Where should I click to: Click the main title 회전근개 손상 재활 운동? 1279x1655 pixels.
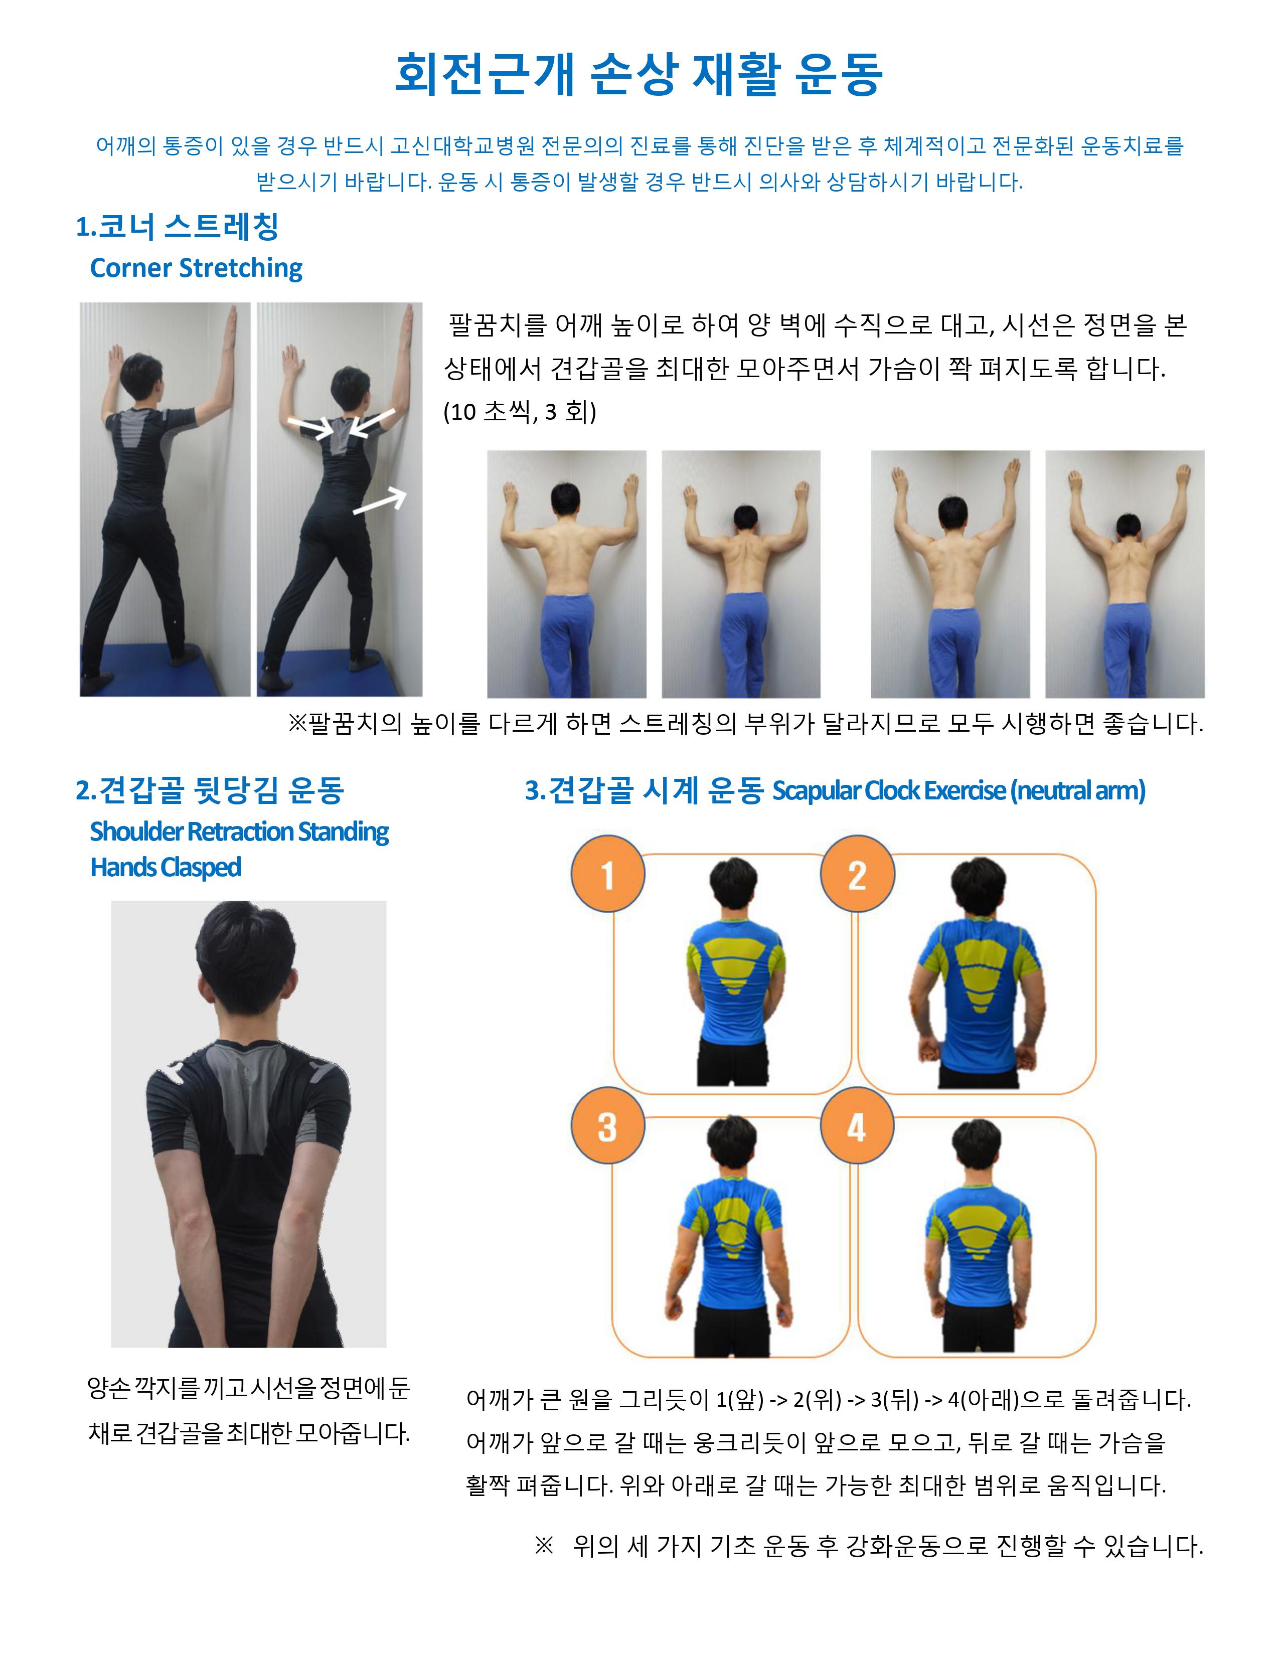pos(638,74)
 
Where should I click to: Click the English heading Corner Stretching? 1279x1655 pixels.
pos(196,267)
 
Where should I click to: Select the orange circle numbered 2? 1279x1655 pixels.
pos(857,874)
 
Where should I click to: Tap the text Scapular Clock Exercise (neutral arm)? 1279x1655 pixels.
pos(958,790)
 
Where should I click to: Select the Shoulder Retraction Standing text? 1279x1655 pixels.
pos(239,832)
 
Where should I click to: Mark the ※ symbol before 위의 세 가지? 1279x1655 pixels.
pos(544,1545)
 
